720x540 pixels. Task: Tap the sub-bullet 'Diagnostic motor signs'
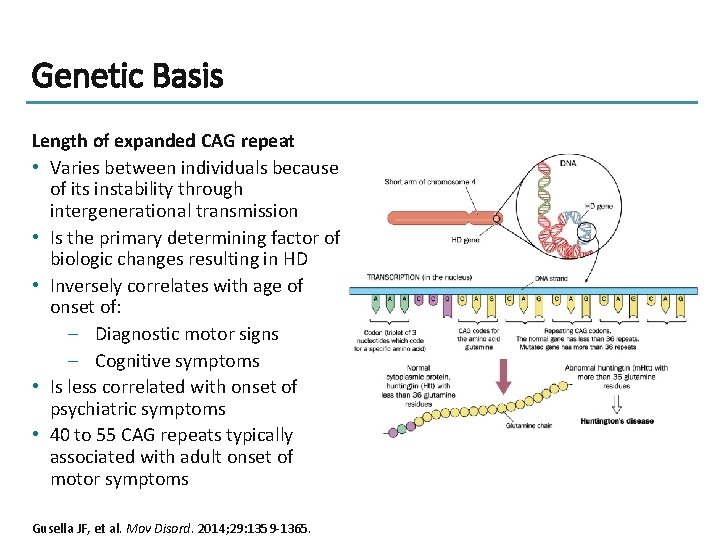187,334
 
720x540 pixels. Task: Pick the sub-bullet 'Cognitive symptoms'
177,361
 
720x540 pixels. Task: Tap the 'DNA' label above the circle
567,162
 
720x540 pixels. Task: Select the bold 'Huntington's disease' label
617,421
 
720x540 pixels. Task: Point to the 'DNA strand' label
552,279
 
